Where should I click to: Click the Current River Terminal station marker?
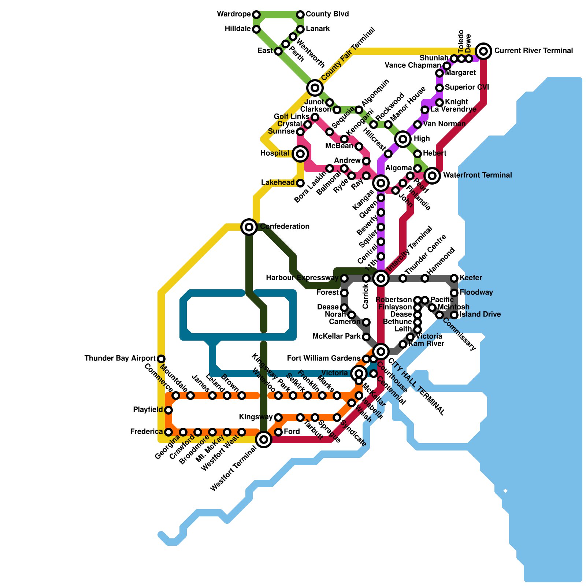(483, 51)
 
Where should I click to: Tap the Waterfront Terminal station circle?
(432, 176)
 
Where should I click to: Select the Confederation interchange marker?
(249, 227)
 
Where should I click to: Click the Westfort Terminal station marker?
(264, 439)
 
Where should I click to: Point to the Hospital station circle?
(300, 154)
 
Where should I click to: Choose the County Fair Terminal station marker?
(315, 88)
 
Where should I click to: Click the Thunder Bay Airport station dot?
(161, 359)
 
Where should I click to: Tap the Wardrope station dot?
(256, 15)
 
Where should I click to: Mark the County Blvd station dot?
(300, 15)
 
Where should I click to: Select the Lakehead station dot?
(300, 183)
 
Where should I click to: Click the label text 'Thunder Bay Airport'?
(120, 359)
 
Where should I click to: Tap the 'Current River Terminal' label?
(534, 51)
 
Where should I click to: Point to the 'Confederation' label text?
(285, 227)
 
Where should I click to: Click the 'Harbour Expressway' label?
(302, 278)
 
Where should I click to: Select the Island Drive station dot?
(454, 315)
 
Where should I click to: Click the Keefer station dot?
(454, 278)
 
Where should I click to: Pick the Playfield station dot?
(168, 410)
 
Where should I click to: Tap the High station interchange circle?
(403, 139)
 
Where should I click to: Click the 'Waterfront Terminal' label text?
(477, 175)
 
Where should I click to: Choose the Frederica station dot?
(168, 432)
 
